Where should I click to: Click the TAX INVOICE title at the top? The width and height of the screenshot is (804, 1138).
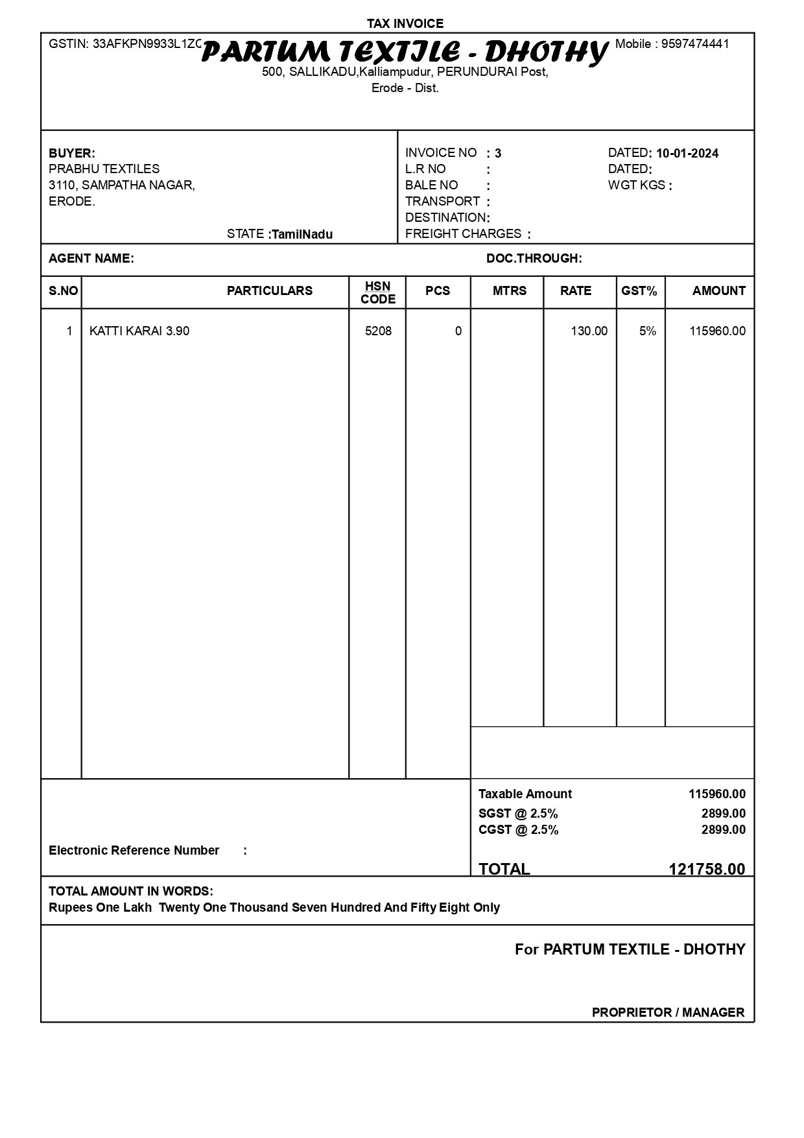405,24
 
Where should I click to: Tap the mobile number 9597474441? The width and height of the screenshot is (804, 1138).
694,44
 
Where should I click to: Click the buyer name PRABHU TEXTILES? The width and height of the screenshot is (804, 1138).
104,169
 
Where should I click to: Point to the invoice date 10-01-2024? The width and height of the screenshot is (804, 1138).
687,154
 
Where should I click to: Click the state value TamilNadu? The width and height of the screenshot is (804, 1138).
302,234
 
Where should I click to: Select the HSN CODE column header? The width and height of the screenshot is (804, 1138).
378,292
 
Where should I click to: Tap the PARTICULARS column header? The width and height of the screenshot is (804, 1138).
269,291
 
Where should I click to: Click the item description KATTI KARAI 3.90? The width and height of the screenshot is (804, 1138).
139,331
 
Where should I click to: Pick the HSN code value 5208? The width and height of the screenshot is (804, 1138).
378,331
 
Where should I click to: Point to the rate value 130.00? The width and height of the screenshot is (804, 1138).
589,331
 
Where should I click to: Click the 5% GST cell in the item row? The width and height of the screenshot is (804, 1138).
647,331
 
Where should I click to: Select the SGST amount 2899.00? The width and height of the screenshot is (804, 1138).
723,813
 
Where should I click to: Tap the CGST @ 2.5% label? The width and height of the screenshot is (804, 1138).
518,830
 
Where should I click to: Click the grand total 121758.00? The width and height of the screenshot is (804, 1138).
707,869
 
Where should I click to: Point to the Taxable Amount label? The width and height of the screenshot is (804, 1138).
525,794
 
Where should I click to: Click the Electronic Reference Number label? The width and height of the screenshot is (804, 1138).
134,850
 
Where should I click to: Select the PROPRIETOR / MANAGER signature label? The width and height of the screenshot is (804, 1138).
668,1012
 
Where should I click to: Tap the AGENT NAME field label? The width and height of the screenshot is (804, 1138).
91,258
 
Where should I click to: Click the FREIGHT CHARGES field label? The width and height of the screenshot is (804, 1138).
463,233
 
